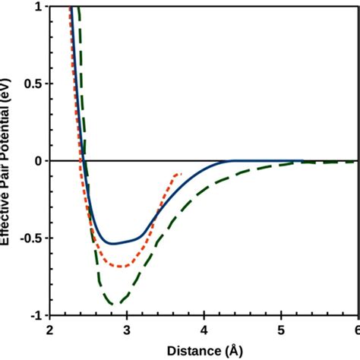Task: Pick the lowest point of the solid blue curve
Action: tap(112, 244)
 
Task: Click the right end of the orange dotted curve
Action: tap(180, 174)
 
